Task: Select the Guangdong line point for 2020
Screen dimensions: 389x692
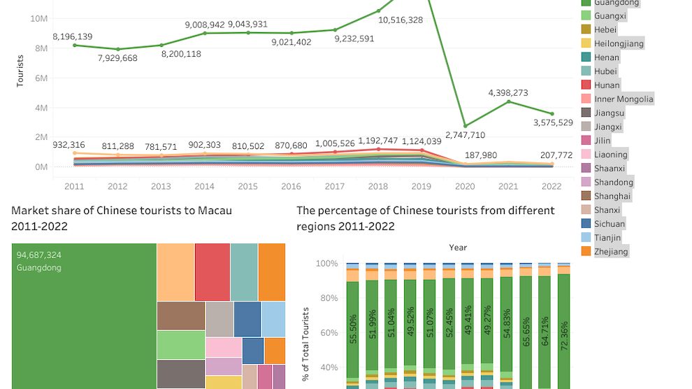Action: point(466,126)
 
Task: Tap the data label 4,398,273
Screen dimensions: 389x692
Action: point(508,92)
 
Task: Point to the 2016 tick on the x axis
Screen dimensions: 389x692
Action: point(291,187)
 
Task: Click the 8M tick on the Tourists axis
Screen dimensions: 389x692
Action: point(38,48)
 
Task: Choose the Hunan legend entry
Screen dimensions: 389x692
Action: point(607,85)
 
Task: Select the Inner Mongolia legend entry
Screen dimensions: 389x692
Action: point(623,99)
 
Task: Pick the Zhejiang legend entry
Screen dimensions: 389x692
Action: point(611,252)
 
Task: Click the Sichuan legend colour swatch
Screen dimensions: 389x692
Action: point(586,224)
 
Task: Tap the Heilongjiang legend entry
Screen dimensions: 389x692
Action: point(619,43)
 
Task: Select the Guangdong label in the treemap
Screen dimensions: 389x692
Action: point(39,268)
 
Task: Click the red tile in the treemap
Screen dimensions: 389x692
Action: point(212,271)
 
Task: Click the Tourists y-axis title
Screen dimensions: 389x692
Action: point(21,72)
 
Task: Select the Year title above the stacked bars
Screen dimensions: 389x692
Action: point(458,248)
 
